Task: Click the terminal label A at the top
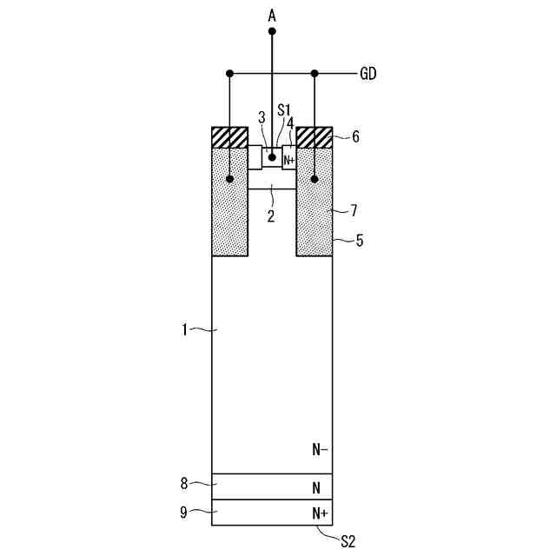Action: tap(272, 16)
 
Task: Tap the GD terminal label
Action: tap(368, 74)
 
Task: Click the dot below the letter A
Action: tap(272, 31)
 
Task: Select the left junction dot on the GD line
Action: tap(229, 74)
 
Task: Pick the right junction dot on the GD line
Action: tap(314, 74)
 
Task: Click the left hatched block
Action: tap(229, 137)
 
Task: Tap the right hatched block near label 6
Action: tap(314, 137)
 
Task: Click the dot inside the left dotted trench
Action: tap(229, 179)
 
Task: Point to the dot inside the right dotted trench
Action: tap(314, 179)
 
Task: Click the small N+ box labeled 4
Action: tap(289, 157)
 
